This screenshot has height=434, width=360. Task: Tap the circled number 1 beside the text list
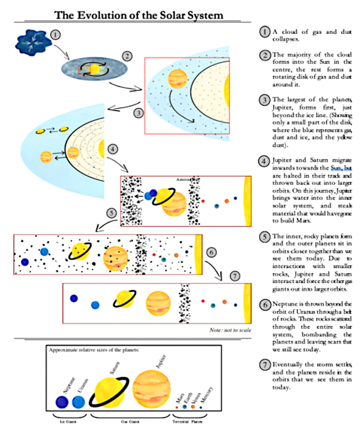pos(264,31)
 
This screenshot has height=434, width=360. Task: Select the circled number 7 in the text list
pos(264,365)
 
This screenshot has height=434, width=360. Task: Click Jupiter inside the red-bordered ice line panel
pos(176,77)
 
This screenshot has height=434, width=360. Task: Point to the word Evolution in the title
pos(117,13)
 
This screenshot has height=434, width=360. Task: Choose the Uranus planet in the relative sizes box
pos(78,401)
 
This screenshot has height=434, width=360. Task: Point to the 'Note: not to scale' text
pos(226,331)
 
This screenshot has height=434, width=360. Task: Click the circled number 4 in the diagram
pos(113,148)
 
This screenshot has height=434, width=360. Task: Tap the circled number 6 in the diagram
pos(211,252)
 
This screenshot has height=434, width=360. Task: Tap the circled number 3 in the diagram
pos(138,113)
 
